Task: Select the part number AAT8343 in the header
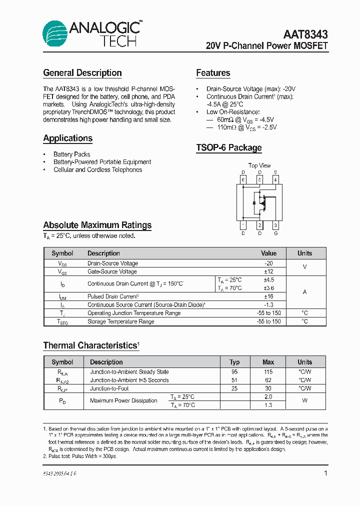click(x=305, y=34)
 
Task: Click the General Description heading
click(x=82, y=73)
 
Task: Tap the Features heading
click(x=213, y=73)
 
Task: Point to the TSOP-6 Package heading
click(x=228, y=148)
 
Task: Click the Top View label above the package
click(x=259, y=165)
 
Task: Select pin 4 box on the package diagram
click(x=275, y=179)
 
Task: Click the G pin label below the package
click(x=275, y=233)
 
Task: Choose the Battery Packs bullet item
click(x=72, y=154)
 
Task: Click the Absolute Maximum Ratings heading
click(x=97, y=225)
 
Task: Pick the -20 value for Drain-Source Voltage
click(x=268, y=263)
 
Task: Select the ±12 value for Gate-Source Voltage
click(x=268, y=271)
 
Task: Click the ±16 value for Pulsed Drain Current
click(x=268, y=296)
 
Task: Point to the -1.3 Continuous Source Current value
click(x=268, y=305)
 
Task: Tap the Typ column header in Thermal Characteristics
click(x=234, y=362)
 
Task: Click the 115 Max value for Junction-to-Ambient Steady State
click(x=268, y=372)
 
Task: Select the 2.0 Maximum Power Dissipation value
click(x=268, y=396)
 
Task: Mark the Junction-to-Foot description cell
click(x=109, y=388)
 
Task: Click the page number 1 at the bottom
click(x=326, y=473)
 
